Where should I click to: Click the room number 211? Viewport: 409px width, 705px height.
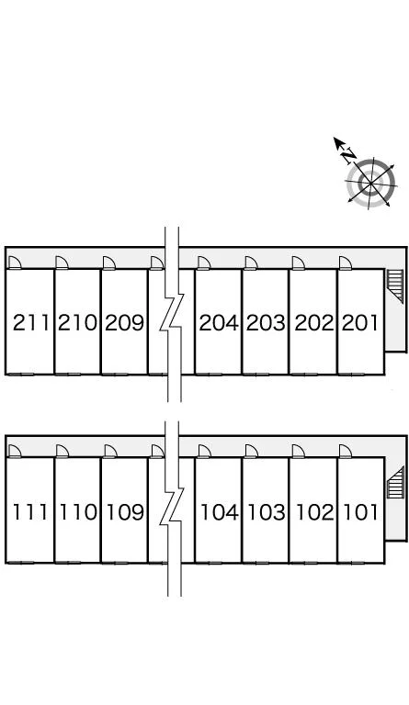click(30, 323)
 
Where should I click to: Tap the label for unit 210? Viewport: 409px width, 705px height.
click(77, 323)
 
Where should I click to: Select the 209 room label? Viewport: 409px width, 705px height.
click(124, 323)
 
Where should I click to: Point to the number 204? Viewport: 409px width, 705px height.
click(219, 323)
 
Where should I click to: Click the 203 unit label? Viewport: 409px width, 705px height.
click(266, 323)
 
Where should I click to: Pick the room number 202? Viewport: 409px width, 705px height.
click(314, 323)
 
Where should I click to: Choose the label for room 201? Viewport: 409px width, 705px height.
click(360, 323)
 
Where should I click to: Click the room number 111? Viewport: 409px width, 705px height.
click(30, 512)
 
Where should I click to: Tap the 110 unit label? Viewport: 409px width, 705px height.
click(78, 512)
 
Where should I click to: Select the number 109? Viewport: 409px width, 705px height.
click(125, 512)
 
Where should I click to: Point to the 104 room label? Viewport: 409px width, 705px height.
click(219, 512)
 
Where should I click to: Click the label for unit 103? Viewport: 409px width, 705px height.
click(267, 512)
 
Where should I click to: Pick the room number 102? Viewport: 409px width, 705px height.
click(315, 512)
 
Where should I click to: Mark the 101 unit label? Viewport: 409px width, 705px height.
click(360, 512)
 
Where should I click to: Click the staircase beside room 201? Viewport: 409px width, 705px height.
click(395, 286)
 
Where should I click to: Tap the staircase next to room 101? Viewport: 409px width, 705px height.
click(395, 483)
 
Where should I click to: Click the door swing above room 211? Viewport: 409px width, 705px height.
click(15, 263)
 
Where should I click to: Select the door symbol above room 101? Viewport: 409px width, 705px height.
click(346, 452)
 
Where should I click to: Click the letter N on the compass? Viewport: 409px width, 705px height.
click(348, 156)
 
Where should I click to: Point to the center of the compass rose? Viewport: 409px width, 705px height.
click(370, 184)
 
